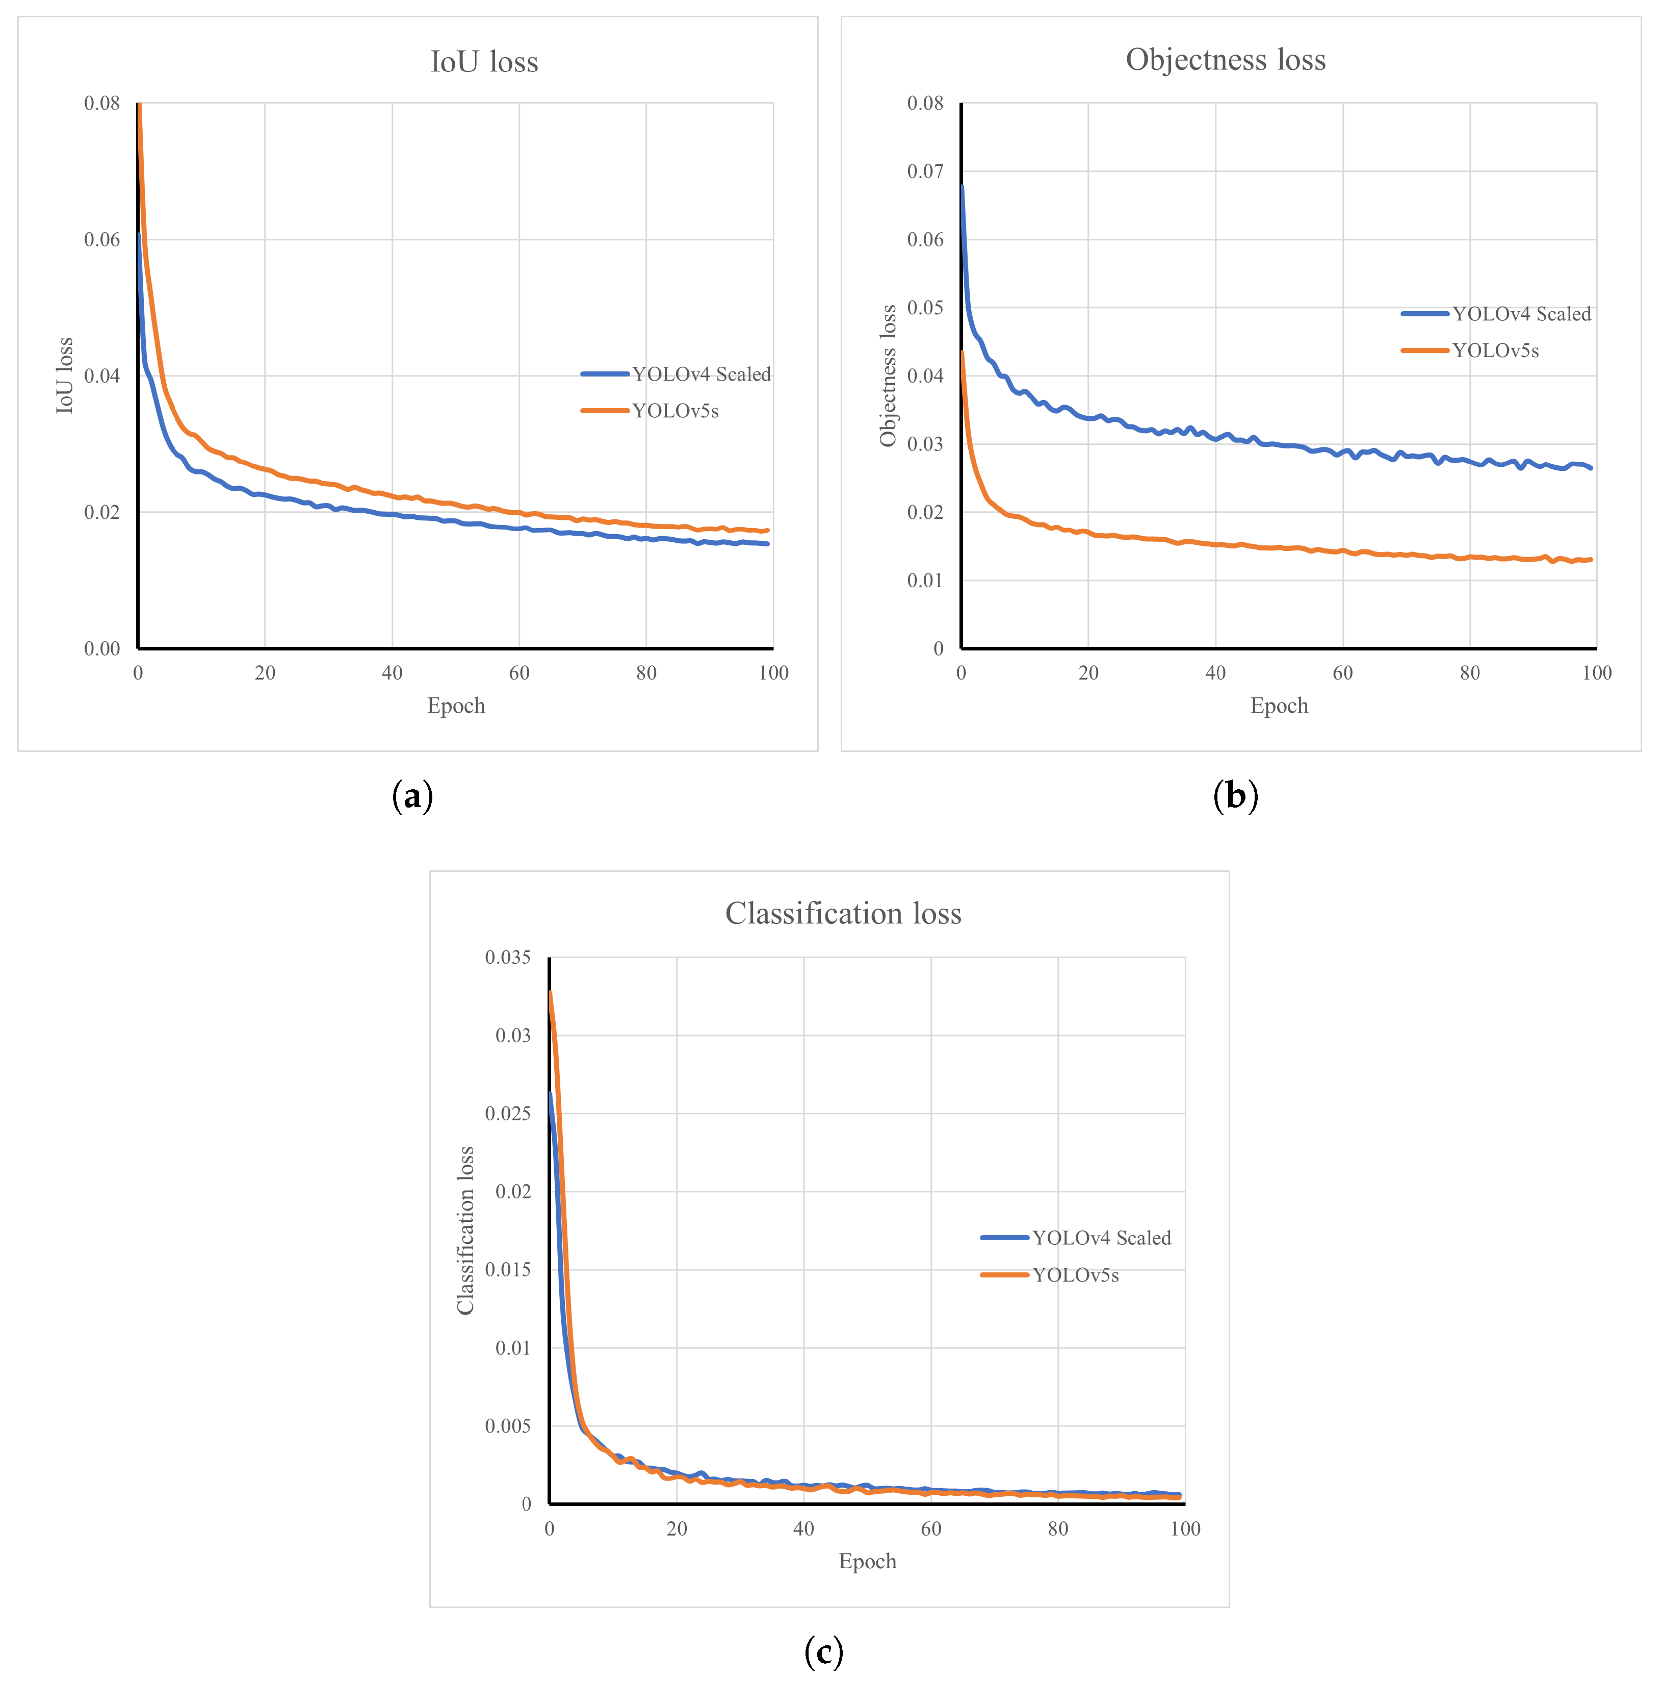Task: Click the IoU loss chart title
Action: click(484, 62)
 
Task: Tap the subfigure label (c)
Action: click(823, 1650)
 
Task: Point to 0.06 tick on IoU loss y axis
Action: click(102, 239)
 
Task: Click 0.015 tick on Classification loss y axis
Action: click(507, 1269)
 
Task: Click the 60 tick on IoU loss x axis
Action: click(519, 672)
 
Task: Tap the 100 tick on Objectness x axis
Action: click(1596, 672)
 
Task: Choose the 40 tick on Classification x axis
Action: click(803, 1529)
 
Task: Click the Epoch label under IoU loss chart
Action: click(456, 706)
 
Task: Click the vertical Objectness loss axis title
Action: click(887, 376)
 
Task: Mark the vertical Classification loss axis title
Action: click(465, 1231)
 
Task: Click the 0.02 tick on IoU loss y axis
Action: click(102, 512)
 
